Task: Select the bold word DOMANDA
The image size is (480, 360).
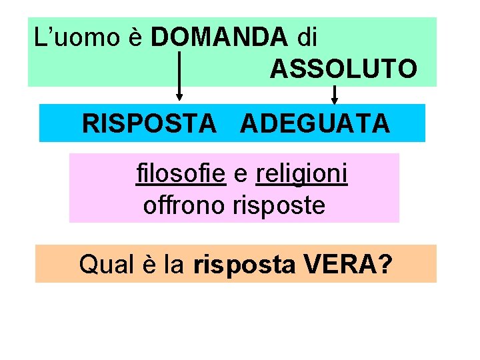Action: click(219, 37)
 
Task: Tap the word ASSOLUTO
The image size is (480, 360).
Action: click(343, 68)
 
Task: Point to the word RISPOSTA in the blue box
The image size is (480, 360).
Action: click(149, 123)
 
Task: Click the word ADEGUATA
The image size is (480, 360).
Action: click(315, 123)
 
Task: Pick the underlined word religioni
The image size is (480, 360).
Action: click(301, 175)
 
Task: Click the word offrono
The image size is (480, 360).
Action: click(184, 205)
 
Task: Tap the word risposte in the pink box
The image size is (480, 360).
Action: click(279, 205)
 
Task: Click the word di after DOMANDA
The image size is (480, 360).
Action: click(307, 37)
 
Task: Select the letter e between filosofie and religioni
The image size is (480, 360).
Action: click(241, 175)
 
